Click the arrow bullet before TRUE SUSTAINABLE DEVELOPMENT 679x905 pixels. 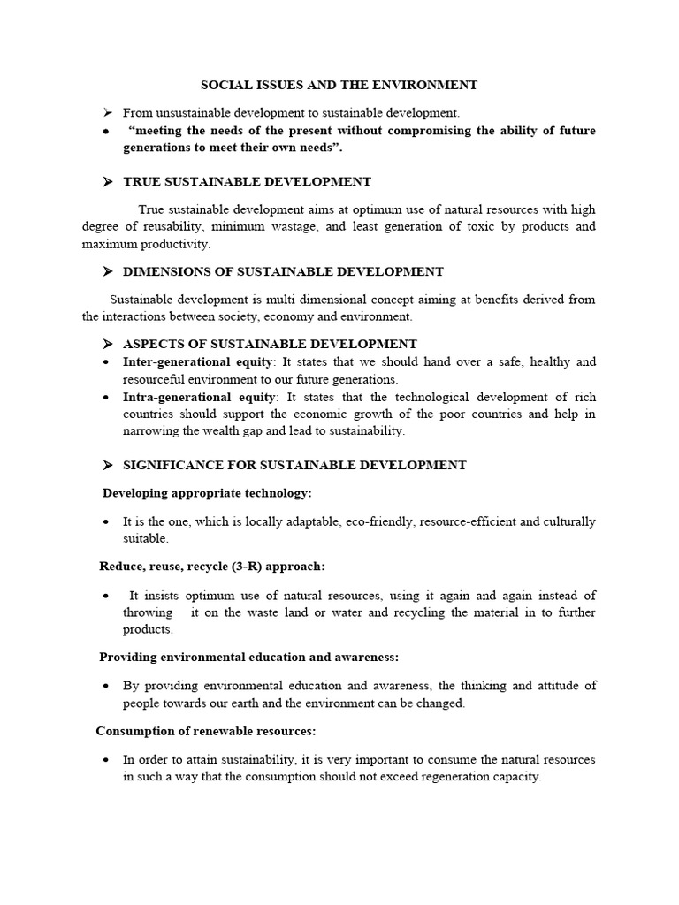[x=108, y=182]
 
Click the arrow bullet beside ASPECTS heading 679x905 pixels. [x=108, y=344]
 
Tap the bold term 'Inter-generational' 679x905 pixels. [x=172, y=361]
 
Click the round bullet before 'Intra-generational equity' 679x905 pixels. [x=107, y=397]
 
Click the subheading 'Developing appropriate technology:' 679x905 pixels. [x=208, y=492]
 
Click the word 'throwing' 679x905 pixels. [x=147, y=612]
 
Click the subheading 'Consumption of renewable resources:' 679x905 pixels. [x=206, y=731]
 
